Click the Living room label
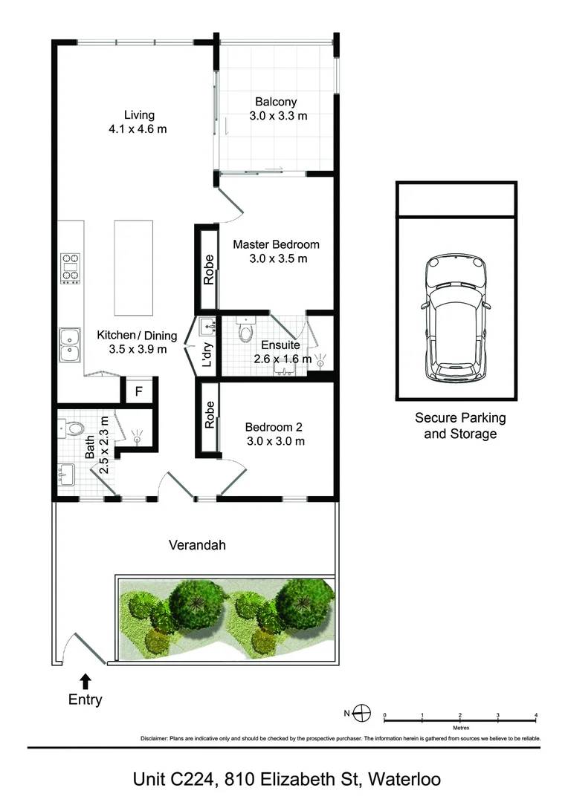[138, 122]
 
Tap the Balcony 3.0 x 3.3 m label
[278, 108]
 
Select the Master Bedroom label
[277, 251]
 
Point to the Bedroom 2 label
[275, 434]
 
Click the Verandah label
[197, 545]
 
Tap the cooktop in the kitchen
[71, 268]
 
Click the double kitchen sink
[69, 345]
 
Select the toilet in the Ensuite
[246, 329]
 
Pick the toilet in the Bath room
[71, 428]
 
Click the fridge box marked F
[139, 392]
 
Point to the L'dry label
[207, 355]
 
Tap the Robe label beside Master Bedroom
[208, 270]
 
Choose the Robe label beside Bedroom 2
[209, 414]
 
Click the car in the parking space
[455, 318]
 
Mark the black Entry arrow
[85, 681]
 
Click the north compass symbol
[362, 713]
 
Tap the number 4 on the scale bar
[536, 715]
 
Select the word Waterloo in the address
[404, 780]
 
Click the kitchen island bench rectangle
[133, 268]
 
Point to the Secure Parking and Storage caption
[460, 426]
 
